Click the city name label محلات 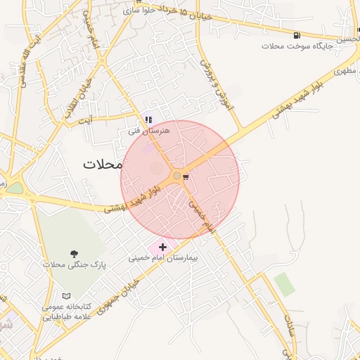point(102,164)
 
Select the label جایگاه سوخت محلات point(291,46)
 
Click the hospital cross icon point(162,247)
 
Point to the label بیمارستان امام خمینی point(164,257)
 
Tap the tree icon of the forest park point(74,253)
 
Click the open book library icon point(67,296)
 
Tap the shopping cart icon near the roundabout point(186,176)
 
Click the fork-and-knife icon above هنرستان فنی point(148,120)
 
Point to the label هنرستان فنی point(145,131)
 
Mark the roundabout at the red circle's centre point(176,176)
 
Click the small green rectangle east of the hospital point(284,283)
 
